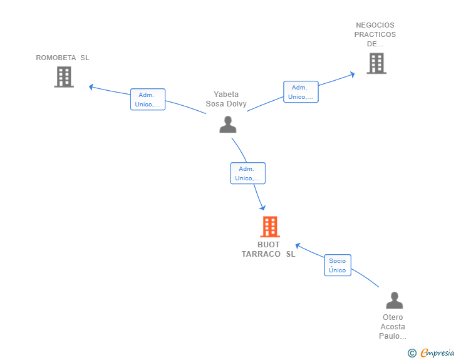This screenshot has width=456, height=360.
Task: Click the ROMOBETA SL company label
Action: [x=63, y=58]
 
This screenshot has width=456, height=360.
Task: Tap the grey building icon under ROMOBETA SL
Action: [x=64, y=77]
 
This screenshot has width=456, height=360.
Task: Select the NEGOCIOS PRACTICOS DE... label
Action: [x=376, y=35]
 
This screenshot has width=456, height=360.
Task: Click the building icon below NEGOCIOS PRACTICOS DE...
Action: [x=376, y=63]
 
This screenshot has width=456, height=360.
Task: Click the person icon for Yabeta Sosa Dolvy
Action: [x=228, y=124]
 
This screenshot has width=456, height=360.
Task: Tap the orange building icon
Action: [x=269, y=227]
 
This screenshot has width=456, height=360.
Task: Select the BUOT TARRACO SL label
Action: [x=268, y=249]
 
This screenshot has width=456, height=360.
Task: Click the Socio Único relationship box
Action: [x=338, y=265]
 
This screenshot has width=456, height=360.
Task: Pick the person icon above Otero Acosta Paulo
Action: [x=394, y=300]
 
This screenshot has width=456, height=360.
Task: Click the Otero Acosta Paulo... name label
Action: [x=393, y=326]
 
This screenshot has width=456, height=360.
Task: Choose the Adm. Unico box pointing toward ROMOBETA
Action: [x=148, y=100]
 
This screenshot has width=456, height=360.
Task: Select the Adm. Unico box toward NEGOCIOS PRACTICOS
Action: [x=301, y=92]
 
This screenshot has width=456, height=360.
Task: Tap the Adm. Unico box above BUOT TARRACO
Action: [x=247, y=173]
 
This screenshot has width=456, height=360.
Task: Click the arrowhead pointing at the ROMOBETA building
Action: [x=91, y=86]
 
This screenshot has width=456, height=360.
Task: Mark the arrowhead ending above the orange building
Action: [x=262, y=208]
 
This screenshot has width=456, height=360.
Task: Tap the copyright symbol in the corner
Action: [x=412, y=353]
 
